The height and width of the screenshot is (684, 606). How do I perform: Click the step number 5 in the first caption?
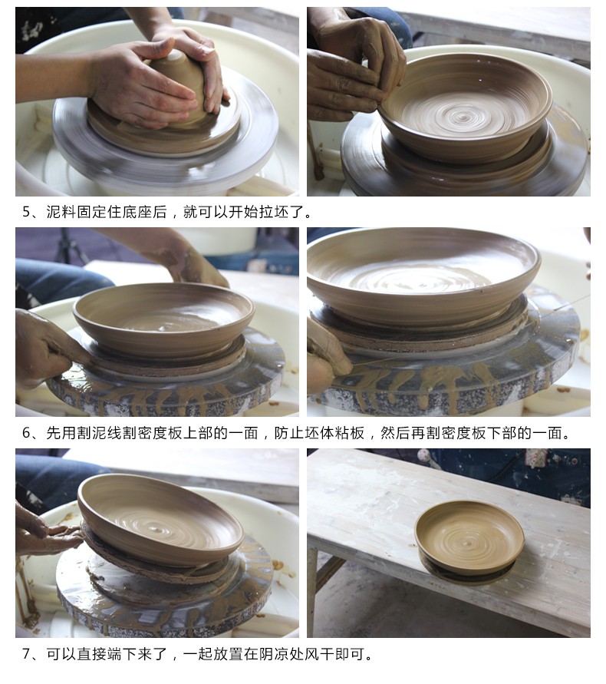pos(27,212)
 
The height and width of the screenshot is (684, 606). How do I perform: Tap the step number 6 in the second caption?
pos(27,433)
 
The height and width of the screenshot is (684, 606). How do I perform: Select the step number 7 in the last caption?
pos(27,654)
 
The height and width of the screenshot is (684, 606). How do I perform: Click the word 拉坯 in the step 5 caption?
pos(274,212)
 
